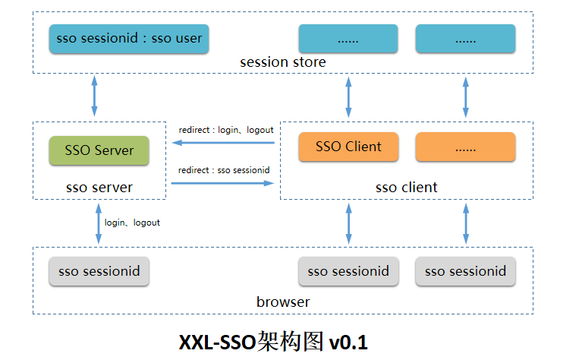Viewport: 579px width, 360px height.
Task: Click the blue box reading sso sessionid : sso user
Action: [x=130, y=38]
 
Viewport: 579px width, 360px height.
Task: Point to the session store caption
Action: [x=282, y=62]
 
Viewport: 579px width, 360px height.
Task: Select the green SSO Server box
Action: [x=99, y=150]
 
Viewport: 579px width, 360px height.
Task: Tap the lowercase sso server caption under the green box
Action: [x=99, y=187]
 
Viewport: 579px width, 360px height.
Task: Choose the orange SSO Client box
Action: [x=348, y=147]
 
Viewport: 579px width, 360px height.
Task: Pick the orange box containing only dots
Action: [x=465, y=147]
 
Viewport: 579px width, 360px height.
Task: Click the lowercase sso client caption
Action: [x=407, y=187]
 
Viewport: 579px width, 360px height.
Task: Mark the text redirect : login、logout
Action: [x=225, y=130]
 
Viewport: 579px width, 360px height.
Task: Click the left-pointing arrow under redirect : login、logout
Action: [x=222, y=142]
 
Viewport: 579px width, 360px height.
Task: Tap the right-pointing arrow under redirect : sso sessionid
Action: [x=222, y=183]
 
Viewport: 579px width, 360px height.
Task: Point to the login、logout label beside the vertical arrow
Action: [x=132, y=223]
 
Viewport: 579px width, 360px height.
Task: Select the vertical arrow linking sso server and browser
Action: [x=98, y=223]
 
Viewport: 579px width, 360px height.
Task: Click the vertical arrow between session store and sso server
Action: [x=94, y=96]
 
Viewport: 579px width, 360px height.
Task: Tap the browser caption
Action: [x=282, y=302]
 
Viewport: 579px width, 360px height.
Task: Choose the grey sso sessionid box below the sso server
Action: [x=99, y=271]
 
